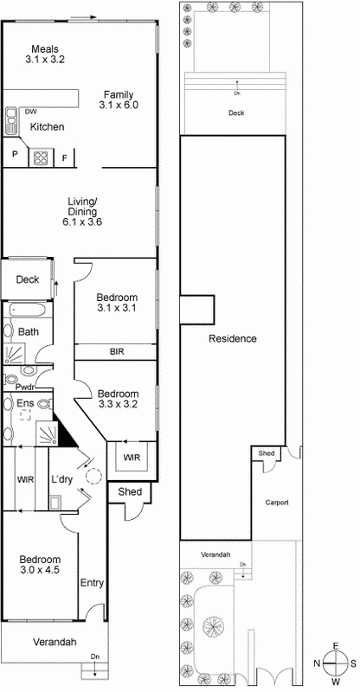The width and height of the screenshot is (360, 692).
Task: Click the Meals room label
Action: pos(46,48)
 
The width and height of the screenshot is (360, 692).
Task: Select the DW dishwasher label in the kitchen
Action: pos(31,112)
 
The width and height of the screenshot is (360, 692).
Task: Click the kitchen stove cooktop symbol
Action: pos(41,157)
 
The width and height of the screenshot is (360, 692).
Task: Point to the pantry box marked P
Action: pos(15,156)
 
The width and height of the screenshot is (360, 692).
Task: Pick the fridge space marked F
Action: pos(65,157)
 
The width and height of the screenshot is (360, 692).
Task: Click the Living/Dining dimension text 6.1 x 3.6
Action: pos(83,221)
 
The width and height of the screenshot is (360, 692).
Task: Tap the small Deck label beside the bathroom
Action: pos(27,279)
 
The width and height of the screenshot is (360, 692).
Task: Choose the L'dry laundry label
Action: pos(61,479)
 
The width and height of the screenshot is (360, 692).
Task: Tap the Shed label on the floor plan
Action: pos(129,492)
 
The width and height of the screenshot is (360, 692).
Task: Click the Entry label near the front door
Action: pos(91,584)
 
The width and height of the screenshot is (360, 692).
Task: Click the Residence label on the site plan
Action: pos(232,338)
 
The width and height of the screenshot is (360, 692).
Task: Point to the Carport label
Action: pos(276,503)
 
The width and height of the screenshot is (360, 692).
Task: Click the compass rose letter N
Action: pos(318,663)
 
